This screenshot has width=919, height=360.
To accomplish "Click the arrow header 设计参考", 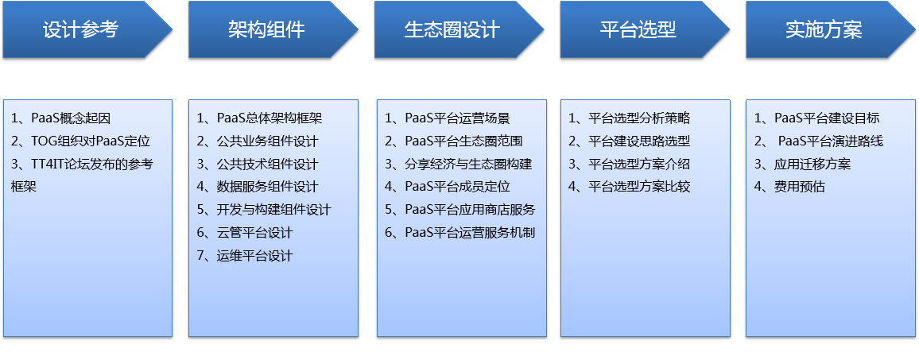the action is point(87,29).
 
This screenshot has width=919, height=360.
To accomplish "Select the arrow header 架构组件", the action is point(273,29).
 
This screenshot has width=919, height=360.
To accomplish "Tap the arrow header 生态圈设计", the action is point(459,29).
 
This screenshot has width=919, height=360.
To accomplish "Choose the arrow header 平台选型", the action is point(645,29).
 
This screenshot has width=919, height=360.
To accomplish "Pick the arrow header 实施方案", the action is point(831,29).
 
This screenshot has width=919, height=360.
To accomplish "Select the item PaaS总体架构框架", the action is point(269,118).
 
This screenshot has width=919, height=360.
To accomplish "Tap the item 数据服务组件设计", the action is point(268,187).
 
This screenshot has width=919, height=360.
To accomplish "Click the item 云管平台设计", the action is point(255,233).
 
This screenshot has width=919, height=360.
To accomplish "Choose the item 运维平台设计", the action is point(255,256).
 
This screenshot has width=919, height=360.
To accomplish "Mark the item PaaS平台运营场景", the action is point(457,118).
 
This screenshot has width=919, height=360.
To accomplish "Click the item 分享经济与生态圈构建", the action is point(468,165).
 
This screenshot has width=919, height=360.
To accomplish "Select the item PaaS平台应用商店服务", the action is point(470,210).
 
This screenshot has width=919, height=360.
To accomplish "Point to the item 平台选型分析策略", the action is point(639,118).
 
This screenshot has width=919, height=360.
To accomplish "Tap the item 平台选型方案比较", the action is point(639,187).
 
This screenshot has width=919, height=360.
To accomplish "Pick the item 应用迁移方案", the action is point(812,165).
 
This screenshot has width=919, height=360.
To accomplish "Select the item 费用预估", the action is point(800,187).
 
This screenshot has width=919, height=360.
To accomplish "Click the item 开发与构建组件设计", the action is point(274,210).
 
